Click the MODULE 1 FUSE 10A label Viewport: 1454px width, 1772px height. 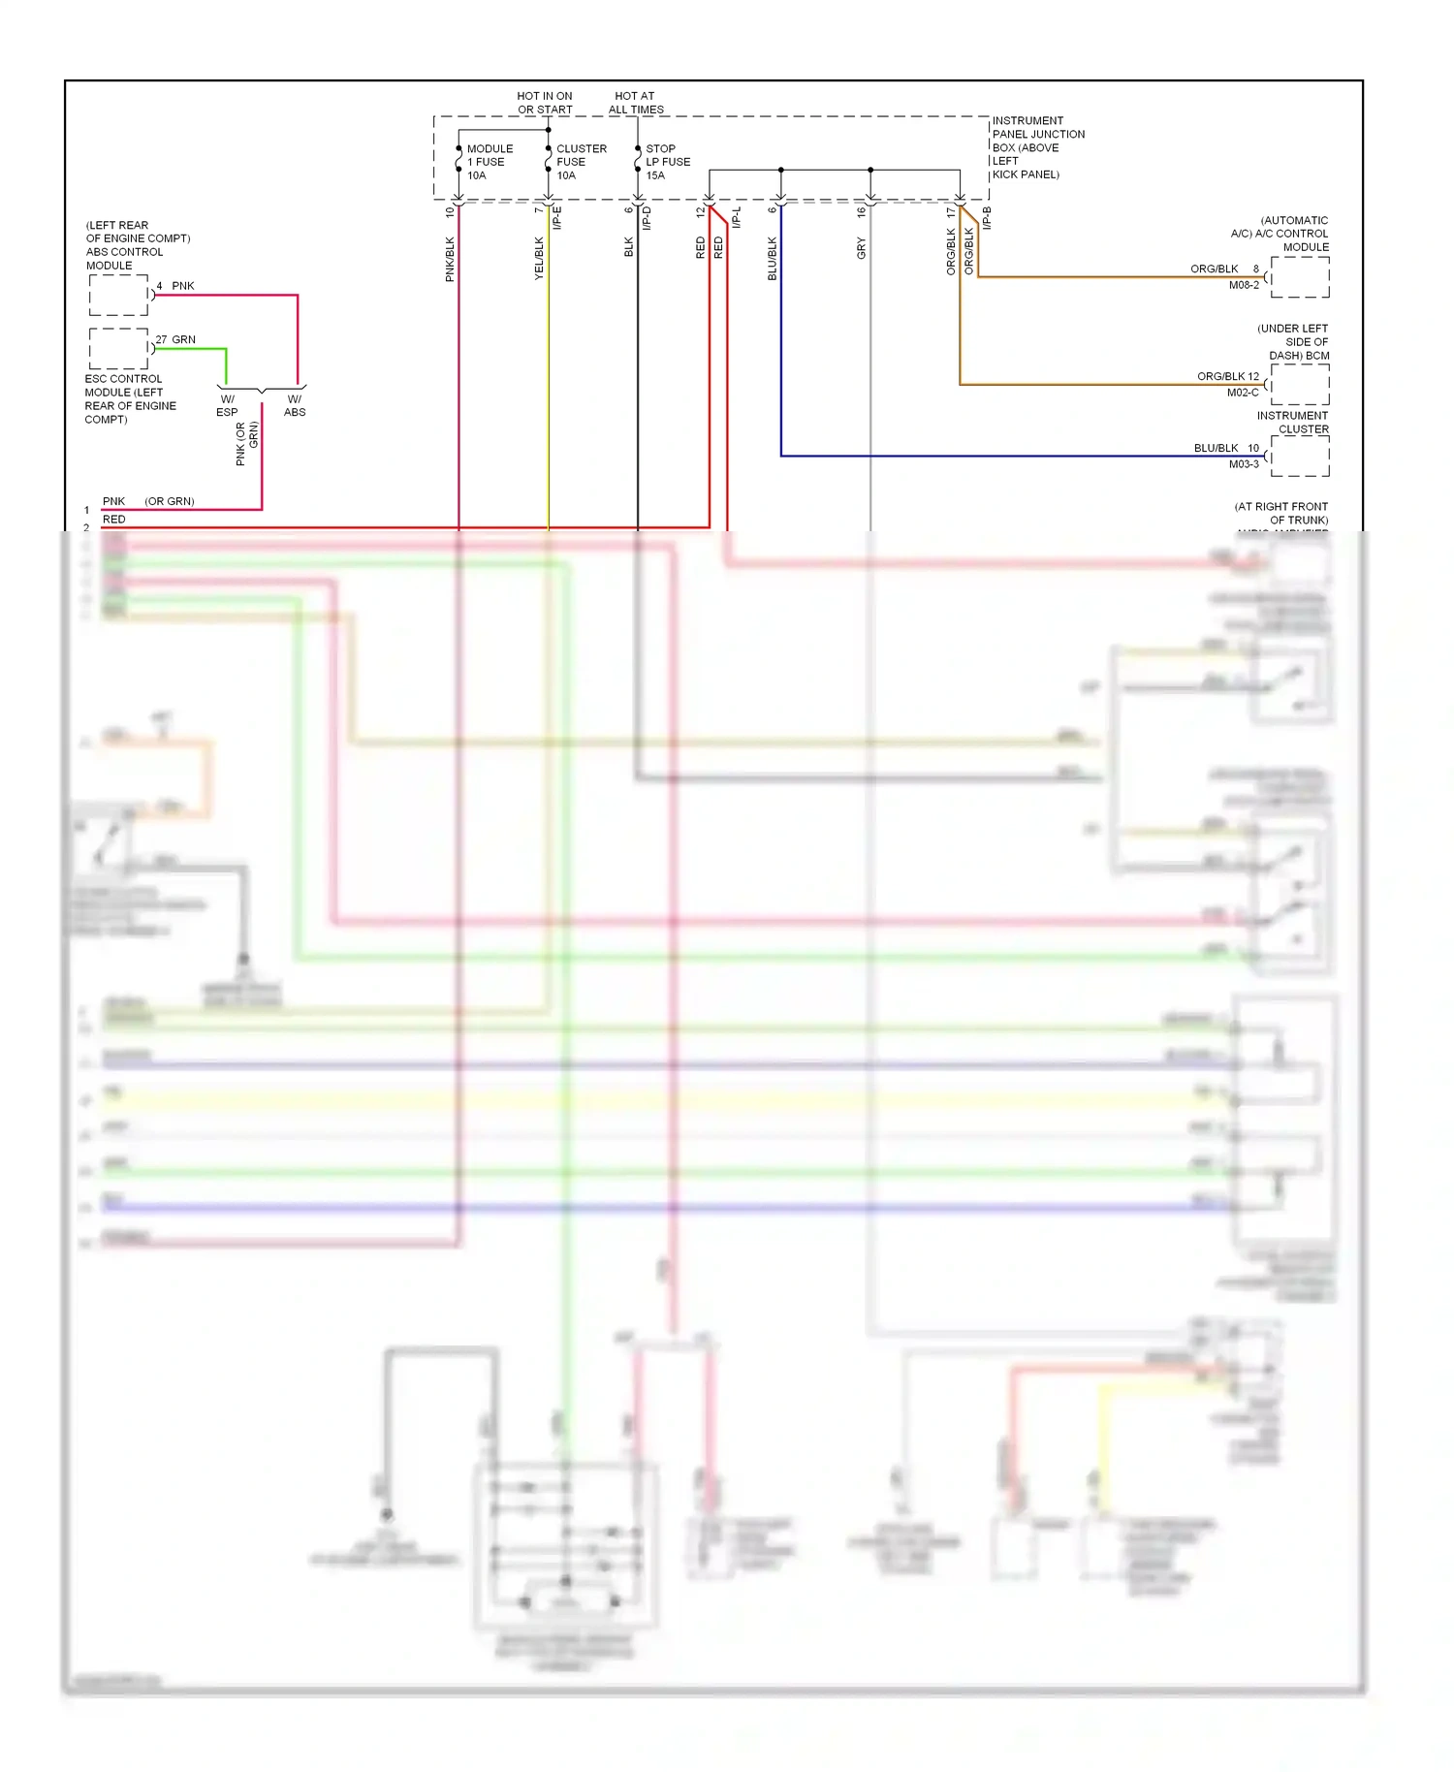(490, 162)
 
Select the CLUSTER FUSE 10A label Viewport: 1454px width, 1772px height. (581, 162)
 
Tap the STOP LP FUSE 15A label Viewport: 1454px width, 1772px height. (668, 162)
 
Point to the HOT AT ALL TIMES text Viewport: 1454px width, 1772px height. (636, 103)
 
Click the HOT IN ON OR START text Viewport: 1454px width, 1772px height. (545, 103)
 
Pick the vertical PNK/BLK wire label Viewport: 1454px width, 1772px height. (450, 259)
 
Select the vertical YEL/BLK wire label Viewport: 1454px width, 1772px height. (539, 259)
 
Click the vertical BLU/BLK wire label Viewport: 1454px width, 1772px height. (773, 259)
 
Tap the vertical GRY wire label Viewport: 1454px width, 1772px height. (861, 248)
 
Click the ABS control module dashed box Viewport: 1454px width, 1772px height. (119, 295)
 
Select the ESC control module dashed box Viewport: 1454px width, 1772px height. (119, 348)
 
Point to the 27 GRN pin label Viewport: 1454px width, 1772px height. (175, 339)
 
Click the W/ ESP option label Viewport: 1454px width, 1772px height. (227, 405)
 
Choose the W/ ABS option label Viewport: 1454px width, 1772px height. (295, 405)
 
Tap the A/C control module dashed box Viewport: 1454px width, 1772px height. (1300, 277)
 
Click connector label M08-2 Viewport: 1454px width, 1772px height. (1244, 285)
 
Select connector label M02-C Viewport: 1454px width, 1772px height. (1243, 393)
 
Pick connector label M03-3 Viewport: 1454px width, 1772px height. (1244, 464)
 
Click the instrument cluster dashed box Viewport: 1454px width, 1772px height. (1300, 456)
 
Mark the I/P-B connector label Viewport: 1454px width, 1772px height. (987, 218)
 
